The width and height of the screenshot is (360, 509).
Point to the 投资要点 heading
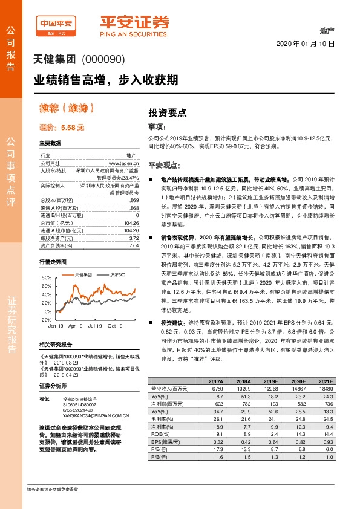(x=168, y=113)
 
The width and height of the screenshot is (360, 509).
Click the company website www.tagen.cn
(x=123, y=163)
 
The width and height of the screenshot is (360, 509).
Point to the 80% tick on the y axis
(x=46, y=277)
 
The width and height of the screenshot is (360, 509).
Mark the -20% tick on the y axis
(x=45, y=319)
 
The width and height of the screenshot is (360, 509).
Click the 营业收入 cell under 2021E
(x=325, y=389)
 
